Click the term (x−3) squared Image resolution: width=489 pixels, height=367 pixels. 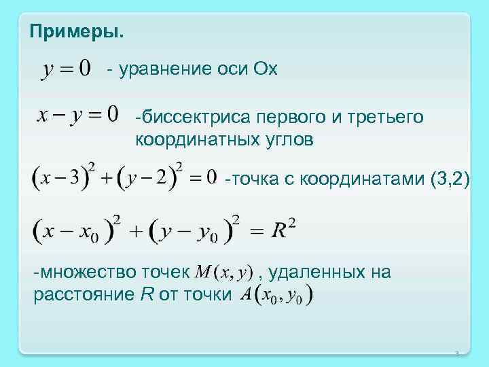[x=65, y=178]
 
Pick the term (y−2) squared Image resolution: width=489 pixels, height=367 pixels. [x=151, y=178]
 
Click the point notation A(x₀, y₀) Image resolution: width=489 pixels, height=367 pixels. [x=277, y=295]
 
